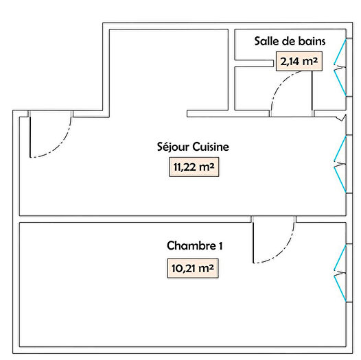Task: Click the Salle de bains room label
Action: point(289,40)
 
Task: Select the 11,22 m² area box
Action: point(194,166)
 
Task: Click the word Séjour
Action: point(174,147)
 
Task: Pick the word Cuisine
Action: point(210,147)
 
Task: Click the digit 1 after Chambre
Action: point(220,245)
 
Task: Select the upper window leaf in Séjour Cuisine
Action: point(339,148)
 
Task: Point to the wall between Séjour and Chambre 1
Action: point(137,219)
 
